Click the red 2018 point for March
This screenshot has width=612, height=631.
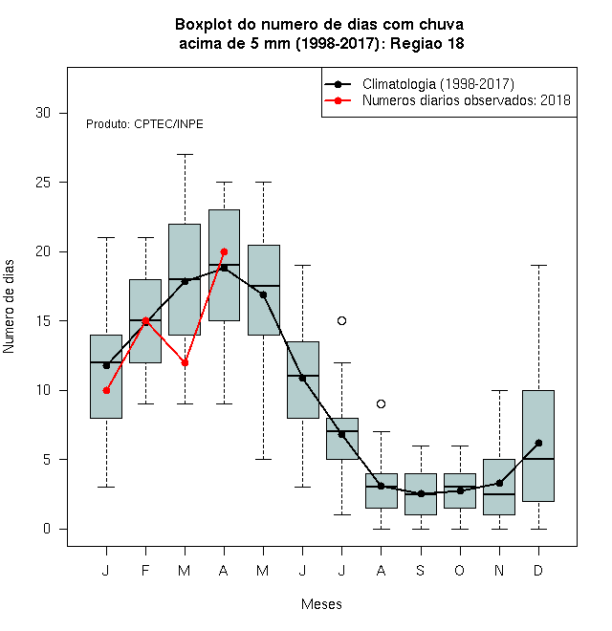pyautogui.click(x=185, y=363)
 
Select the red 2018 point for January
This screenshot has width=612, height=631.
pyautogui.click(x=106, y=390)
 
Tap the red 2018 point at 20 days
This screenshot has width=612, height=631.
pyautogui.click(x=225, y=251)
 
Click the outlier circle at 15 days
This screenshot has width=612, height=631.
pyautogui.click(x=341, y=320)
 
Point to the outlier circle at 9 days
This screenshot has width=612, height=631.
pyautogui.click(x=381, y=403)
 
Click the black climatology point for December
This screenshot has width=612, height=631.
pyautogui.click(x=538, y=443)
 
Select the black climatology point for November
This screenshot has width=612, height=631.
pyautogui.click(x=499, y=483)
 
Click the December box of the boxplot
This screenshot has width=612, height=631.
pyautogui.click(x=538, y=446)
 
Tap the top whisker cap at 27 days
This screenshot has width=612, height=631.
pyautogui.click(x=185, y=154)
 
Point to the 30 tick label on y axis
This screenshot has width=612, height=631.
pyautogui.click(x=43, y=113)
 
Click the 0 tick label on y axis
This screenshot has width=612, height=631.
pyautogui.click(x=47, y=529)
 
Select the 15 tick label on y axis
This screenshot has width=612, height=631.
pyautogui.click(x=43, y=320)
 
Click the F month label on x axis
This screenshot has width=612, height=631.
pyautogui.click(x=145, y=570)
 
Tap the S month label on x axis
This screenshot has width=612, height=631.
pyautogui.click(x=421, y=570)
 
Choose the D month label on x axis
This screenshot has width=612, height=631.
pyautogui.click(x=538, y=570)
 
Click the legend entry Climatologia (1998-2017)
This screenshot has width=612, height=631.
pyautogui.click(x=438, y=84)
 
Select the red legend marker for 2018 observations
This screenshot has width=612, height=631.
pyautogui.click(x=338, y=100)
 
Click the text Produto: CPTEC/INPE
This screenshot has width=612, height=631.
pyautogui.click(x=144, y=124)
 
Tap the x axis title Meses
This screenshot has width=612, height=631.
pyautogui.click(x=321, y=604)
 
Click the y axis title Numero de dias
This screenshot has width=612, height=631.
pyautogui.click(x=9, y=307)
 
